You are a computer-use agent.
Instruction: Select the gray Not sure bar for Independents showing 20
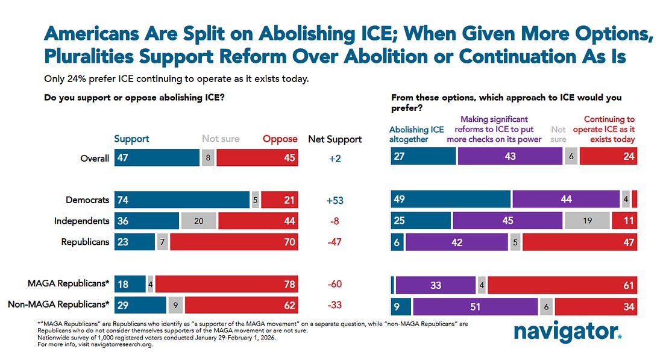(x=198, y=221)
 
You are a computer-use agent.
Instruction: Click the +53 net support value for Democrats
(x=335, y=200)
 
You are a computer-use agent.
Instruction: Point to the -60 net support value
(x=335, y=284)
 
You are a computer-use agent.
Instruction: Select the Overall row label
(x=95, y=158)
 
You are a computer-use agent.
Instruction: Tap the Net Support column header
(x=335, y=139)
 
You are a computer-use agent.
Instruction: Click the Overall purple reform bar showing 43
(x=510, y=156)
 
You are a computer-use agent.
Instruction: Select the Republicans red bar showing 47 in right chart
(x=579, y=242)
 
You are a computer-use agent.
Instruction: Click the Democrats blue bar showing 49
(x=450, y=200)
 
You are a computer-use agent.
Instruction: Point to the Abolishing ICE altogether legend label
(x=416, y=134)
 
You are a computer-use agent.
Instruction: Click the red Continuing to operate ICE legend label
(x=609, y=129)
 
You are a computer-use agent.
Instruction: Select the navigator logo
(x=567, y=330)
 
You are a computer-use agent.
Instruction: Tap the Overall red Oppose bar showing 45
(x=257, y=158)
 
